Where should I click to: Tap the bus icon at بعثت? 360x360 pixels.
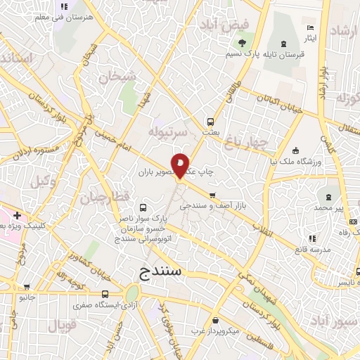tap(209, 121)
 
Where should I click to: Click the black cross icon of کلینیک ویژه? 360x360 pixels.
tap(16, 215)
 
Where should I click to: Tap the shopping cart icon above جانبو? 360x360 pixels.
tap(27, 287)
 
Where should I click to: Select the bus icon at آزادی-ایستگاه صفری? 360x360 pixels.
tap(105, 295)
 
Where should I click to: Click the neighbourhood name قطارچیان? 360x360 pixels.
tap(103, 198)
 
